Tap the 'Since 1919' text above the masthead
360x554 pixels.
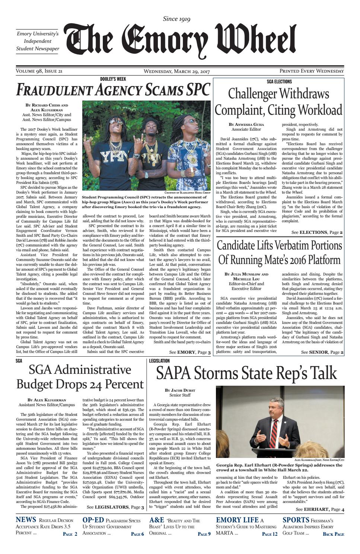(x=177, y=19)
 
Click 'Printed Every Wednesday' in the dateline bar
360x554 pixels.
(x=312, y=71)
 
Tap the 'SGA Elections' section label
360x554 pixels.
(x=279, y=82)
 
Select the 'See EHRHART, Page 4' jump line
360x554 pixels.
(x=320, y=509)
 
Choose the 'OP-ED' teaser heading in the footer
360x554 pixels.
(x=92, y=520)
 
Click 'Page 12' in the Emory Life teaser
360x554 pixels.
(x=270, y=534)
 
